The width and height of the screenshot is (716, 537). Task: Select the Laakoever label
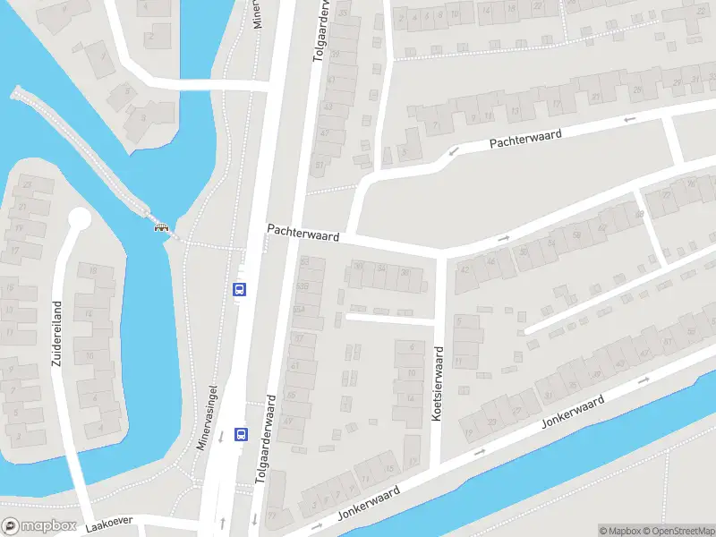tap(108, 528)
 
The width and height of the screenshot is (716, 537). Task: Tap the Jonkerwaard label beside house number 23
tap(572, 410)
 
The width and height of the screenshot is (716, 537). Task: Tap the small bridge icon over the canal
tap(162, 226)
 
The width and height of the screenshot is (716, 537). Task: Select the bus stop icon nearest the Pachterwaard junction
tap(240, 289)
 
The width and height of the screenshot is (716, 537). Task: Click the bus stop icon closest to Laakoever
tap(240, 434)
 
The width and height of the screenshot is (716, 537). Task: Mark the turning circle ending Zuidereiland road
tap(80, 219)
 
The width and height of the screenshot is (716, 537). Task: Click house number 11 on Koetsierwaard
tap(460, 361)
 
